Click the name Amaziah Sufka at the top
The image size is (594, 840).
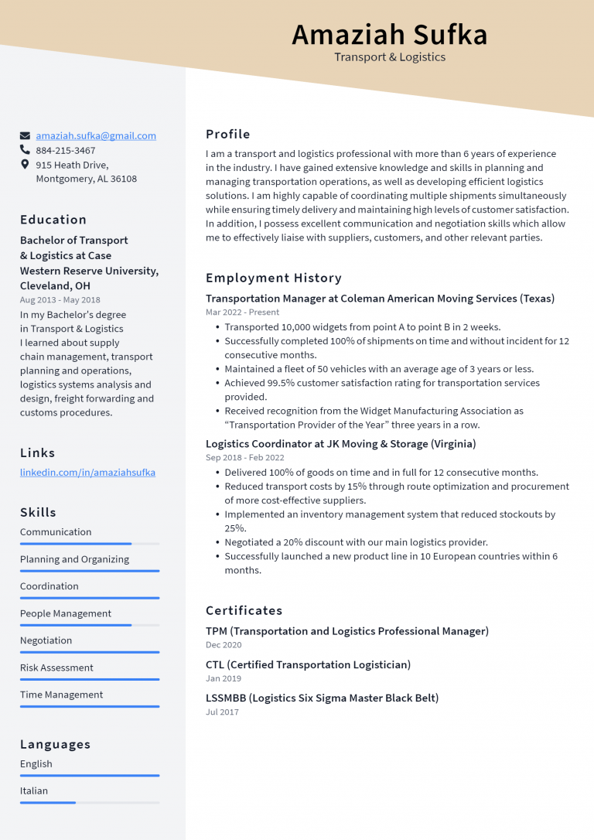point(389,35)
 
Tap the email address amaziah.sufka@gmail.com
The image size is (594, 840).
point(96,135)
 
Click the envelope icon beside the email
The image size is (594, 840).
point(26,135)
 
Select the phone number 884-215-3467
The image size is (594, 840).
point(66,150)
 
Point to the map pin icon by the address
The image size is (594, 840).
point(26,165)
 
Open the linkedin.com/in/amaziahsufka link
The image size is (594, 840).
point(87,472)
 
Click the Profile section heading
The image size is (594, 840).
point(227,134)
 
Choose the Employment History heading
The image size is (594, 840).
point(273,278)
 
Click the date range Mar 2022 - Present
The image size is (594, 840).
point(242,312)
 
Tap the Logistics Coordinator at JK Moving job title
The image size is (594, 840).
point(340,444)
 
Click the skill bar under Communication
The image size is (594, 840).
point(90,544)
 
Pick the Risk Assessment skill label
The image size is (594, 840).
point(56,668)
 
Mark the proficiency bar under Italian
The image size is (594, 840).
point(90,802)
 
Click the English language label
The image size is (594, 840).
point(36,763)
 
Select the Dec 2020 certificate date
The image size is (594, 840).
point(224,645)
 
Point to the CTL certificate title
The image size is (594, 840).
point(308,664)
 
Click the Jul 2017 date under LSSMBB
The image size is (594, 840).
point(222,712)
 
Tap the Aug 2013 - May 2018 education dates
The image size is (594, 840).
point(60,299)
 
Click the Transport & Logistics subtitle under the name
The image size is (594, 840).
point(389,56)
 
